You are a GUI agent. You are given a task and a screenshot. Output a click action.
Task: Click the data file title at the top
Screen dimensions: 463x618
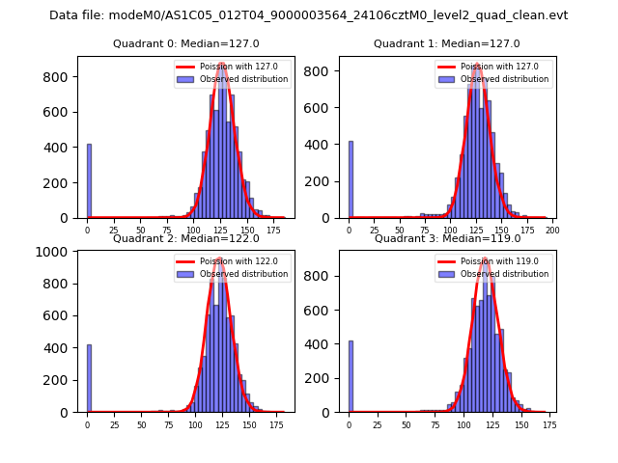pyautogui.click(x=308, y=15)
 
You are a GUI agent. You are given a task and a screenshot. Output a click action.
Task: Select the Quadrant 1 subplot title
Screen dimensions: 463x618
pyautogui.click(x=446, y=44)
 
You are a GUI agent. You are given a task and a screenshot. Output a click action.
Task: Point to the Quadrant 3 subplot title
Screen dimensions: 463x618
pyautogui.click(x=446, y=238)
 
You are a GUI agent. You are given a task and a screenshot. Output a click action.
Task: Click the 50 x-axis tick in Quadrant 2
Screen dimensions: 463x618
pyautogui.click(x=141, y=424)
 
